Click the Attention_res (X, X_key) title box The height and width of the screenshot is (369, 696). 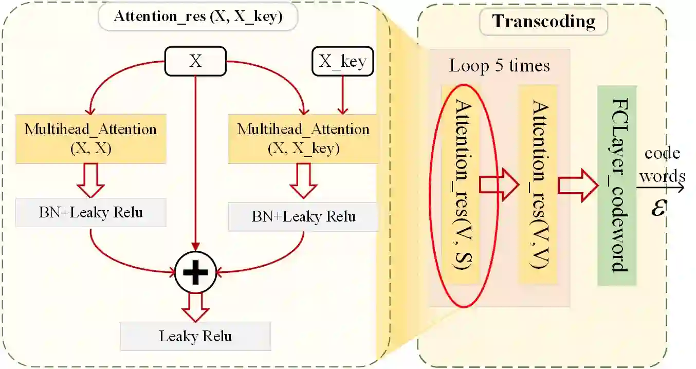point(198,16)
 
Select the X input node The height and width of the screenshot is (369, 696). point(195,61)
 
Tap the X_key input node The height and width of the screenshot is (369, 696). point(343,62)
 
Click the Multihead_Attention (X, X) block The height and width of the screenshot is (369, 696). point(90,138)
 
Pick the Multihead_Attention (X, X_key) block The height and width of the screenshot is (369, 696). point(303,138)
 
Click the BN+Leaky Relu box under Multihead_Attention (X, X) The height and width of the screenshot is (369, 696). point(90,212)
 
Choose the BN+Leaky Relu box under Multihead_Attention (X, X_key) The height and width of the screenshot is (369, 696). point(303,216)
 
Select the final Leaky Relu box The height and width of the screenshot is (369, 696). point(195,337)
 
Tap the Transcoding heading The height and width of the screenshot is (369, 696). point(543,22)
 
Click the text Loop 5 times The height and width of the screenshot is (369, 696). point(499,66)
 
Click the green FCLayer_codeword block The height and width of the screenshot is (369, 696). point(617,185)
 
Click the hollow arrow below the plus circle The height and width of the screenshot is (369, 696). point(195,306)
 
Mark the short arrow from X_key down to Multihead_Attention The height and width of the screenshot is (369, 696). point(343,95)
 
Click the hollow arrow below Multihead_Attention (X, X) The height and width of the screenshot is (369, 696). point(90,180)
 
